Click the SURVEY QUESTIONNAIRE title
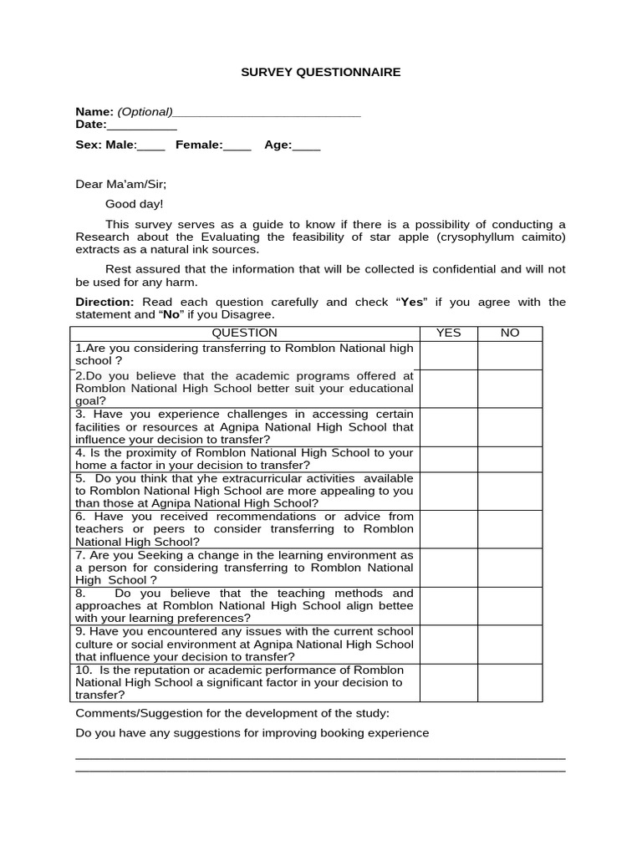click(321, 73)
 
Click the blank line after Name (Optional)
click(267, 113)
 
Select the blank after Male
click(151, 146)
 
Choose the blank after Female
click(237, 146)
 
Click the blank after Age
click(307, 146)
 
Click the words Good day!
click(135, 204)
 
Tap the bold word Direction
click(104, 302)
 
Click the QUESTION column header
click(245, 333)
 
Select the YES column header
click(449, 333)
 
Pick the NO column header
click(510, 333)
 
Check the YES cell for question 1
click(449, 354)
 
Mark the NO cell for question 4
click(510, 459)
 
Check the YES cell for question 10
click(449, 683)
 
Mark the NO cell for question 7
click(510, 568)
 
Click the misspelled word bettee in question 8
click(395, 606)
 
